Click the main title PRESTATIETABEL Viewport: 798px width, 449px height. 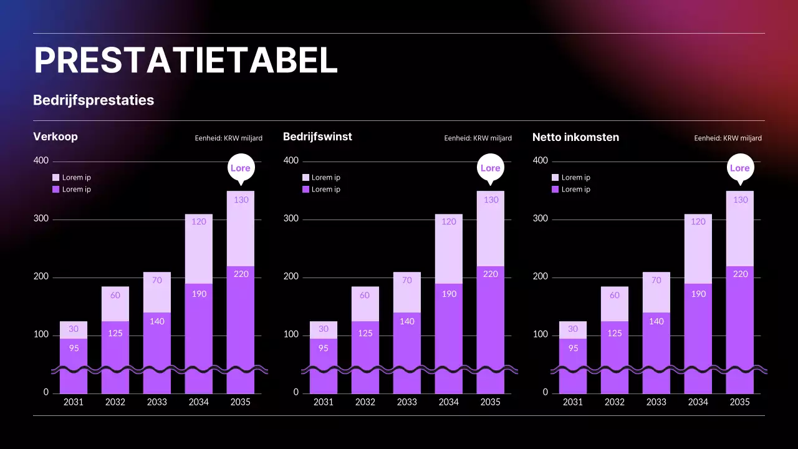click(x=185, y=60)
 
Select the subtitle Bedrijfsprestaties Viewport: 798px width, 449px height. click(x=94, y=100)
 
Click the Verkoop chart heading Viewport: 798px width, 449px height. click(x=55, y=137)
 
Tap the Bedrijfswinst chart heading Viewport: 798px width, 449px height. click(x=317, y=137)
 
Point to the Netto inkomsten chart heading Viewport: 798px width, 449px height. click(x=575, y=137)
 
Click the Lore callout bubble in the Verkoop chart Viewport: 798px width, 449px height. click(x=240, y=168)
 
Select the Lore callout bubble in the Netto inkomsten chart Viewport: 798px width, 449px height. click(x=739, y=168)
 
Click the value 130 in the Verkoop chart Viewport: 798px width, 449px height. click(x=241, y=200)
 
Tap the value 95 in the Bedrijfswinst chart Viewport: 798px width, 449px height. click(x=324, y=348)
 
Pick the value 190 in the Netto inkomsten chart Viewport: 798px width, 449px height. click(x=698, y=294)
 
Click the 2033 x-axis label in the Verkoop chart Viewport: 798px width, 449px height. click(x=157, y=402)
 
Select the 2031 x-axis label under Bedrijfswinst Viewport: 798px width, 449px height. click(x=324, y=402)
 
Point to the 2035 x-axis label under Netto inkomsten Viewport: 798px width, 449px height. click(x=739, y=402)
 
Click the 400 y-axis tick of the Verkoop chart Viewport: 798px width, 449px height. click(x=41, y=160)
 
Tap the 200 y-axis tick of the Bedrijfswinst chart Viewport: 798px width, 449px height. click(x=291, y=277)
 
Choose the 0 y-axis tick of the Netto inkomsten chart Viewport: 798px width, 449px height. click(x=545, y=392)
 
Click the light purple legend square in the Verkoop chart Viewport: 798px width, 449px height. click(x=56, y=178)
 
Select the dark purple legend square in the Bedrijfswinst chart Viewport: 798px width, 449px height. click(x=305, y=190)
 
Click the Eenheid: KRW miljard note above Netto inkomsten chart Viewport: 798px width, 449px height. click(x=728, y=138)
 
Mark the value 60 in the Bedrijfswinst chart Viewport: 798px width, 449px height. click(x=365, y=295)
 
